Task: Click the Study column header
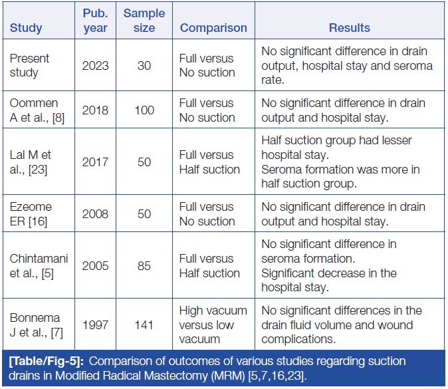click(x=26, y=29)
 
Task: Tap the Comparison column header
click(x=213, y=29)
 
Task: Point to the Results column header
click(x=350, y=29)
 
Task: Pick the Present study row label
click(x=29, y=66)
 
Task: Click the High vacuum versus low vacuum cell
click(x=213, y=325)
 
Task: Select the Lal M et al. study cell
click(x=30, y=162)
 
